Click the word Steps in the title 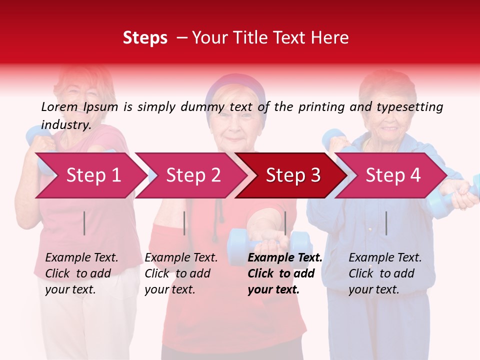[x=145, y=38]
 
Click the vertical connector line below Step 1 [x=84, y=223]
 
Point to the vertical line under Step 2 [x=184, y=223]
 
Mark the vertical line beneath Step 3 [x=285, y=223]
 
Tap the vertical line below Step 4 [x=386, y=223]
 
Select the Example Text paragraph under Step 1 [x=81, y=273]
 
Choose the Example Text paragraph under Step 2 [x=181, y=273]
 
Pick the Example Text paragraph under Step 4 [x=385, y=273]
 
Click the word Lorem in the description [x=59, y=107]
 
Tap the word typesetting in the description [x=409, y=107]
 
